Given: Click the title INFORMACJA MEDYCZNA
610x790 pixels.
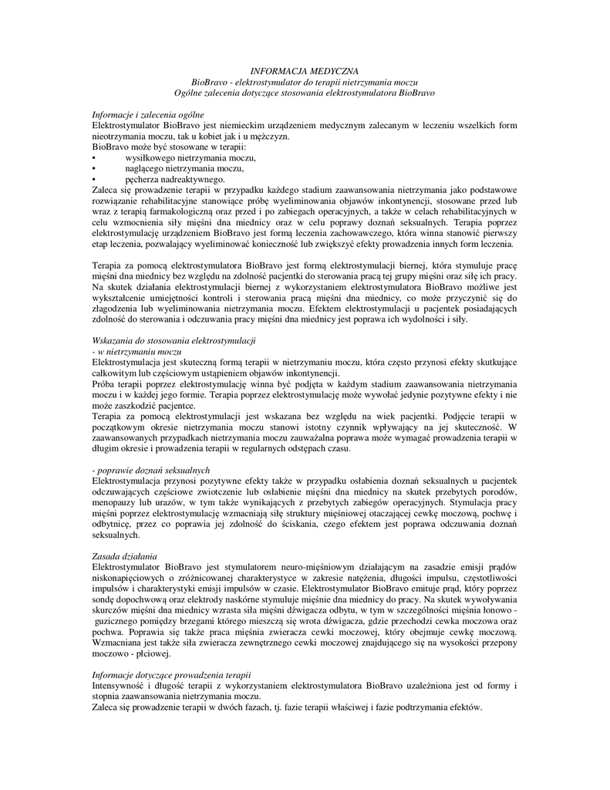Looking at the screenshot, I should click(x=305, y=71).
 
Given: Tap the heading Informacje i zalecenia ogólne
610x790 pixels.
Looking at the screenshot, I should click(x=143, y=114).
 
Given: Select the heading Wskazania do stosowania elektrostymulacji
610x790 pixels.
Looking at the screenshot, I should click(x=174, y=341).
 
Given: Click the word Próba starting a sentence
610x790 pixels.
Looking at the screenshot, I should click(x=103, y=384).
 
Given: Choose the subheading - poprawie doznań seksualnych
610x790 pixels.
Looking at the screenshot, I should click(x=151, y=470).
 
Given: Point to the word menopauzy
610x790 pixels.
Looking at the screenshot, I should click(x=114, y=502).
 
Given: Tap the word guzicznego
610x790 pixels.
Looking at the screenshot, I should click(x=119, y=621).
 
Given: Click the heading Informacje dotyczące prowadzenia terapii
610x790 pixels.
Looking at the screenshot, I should click(x=171, y=675).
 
